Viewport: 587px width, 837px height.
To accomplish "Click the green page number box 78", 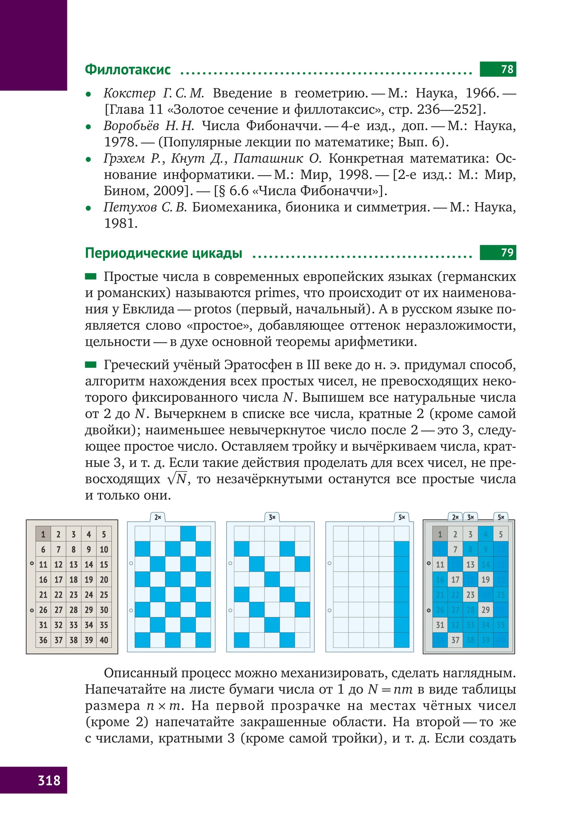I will (x=498, y=69).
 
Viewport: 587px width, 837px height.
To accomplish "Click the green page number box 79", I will (x=498, y=252).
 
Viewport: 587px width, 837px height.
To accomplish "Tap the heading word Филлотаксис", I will (x=128, y=69).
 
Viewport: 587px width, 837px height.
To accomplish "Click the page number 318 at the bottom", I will (x=49, y=780).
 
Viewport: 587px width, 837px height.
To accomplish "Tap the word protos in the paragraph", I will (x=213, y=309).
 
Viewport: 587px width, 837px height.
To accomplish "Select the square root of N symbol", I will (x=177, y=479).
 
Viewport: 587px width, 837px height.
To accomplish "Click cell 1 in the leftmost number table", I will (x=43, y=534).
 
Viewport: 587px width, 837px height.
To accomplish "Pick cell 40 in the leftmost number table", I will (x=104, y=640).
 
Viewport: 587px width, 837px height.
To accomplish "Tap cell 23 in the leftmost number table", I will (x=74, y=595).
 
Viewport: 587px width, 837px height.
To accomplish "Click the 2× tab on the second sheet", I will (x=158, y=517).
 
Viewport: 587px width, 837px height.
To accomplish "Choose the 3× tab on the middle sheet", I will (x=272, y=517).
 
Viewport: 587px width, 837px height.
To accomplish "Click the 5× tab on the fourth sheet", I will (x=402, y=517).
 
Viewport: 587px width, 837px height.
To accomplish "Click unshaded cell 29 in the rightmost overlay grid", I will (x=486, y=610).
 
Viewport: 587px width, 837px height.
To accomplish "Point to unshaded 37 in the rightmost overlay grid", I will (x=455, y=640).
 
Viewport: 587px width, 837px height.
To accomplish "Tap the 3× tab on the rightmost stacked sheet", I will (x=470, y=517).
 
